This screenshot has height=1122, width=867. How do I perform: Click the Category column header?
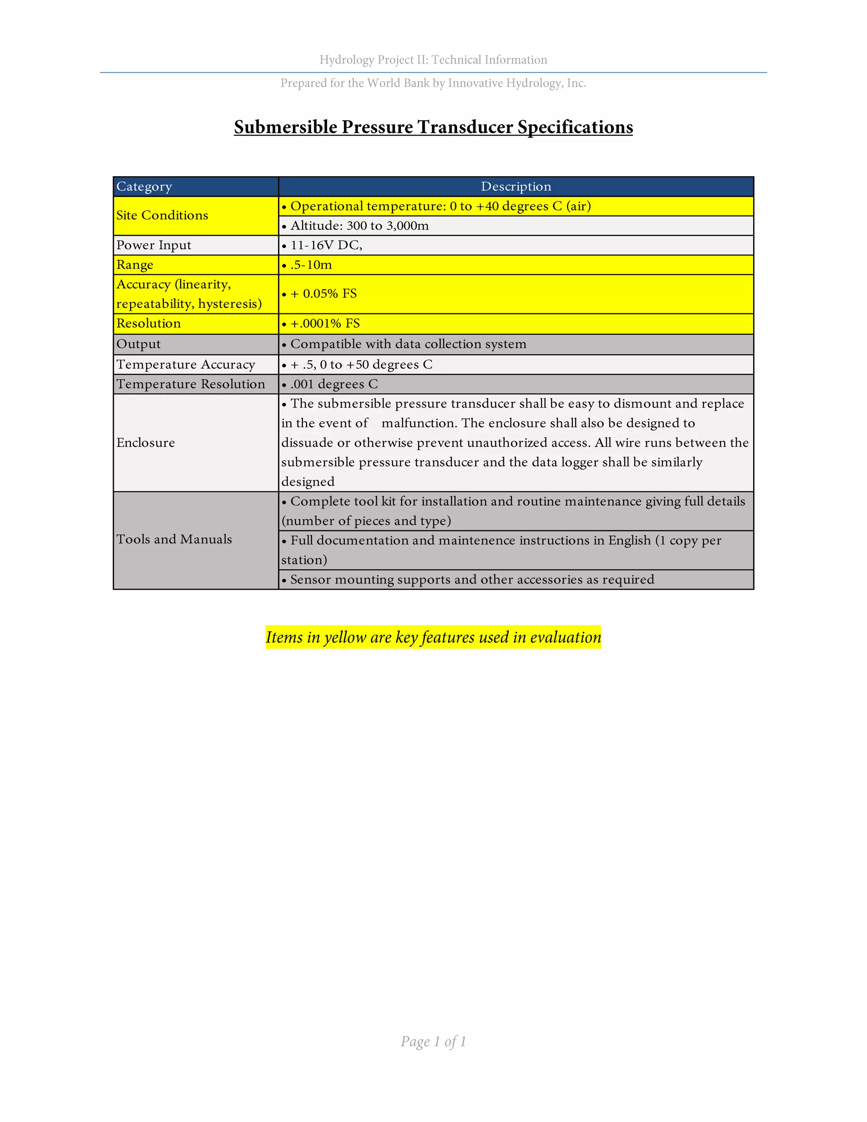[x=144, y=186]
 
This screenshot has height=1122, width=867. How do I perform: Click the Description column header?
[x=516, y=186]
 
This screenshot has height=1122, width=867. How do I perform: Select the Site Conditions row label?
[x=162, y=215]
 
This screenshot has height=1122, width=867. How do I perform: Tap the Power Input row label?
[x=154, y=245]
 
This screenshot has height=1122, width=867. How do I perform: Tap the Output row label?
[x=138, y=344]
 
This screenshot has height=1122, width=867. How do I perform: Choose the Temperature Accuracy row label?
[x=185, y=364]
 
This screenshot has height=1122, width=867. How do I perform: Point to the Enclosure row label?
[x=145, y=443]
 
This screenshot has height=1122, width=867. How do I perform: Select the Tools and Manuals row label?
[x=174, y=539]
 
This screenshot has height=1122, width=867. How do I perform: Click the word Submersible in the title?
[x=286, y=127]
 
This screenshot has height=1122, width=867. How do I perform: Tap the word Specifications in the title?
[x=575, y=127]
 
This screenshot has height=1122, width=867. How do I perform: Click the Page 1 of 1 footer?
[x=433, y=1042]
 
